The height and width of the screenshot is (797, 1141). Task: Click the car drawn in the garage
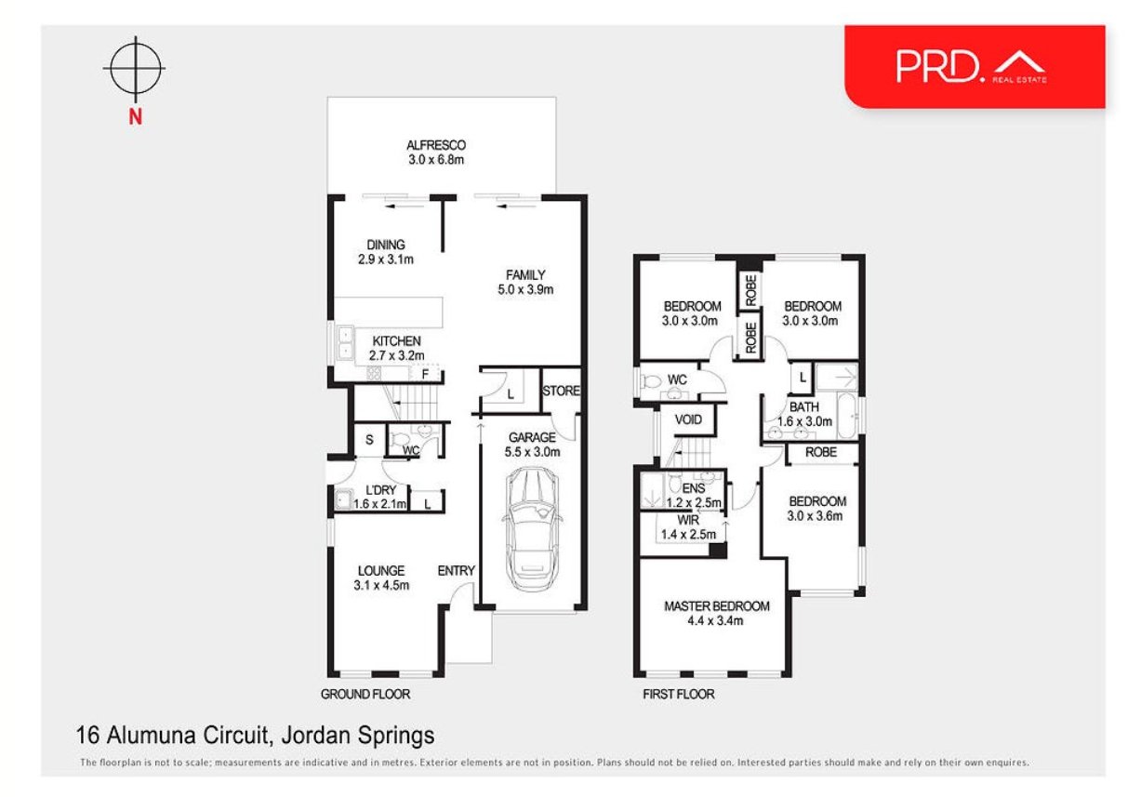(532, 530)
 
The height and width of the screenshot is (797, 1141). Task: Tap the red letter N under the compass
(135, 117)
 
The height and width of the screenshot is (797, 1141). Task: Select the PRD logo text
(940, 66)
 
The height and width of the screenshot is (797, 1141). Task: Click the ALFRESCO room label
(436, 145)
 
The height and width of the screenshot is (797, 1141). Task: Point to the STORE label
(561, 391)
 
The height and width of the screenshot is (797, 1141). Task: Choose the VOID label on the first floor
(688, 419)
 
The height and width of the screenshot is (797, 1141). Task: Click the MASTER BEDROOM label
(717, 606)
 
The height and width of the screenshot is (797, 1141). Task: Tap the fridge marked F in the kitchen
(425, 374)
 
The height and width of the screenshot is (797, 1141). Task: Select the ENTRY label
(457, 570)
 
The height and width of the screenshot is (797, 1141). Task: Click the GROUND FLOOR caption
(365, 694)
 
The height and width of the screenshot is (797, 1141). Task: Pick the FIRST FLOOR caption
(679, 694)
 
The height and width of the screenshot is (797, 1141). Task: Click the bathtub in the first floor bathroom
(847, 416)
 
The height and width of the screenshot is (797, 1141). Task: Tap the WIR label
(688, 520)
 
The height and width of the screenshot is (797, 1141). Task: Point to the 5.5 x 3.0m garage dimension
(532, 452)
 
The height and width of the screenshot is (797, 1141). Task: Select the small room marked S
(370, 439)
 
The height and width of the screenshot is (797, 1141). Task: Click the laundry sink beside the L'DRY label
(343, 499)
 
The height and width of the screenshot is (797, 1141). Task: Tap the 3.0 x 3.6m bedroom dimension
(815, 515)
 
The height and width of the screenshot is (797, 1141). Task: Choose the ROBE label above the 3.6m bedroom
(821, 452)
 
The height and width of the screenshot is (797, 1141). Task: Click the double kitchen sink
(345, 342)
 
